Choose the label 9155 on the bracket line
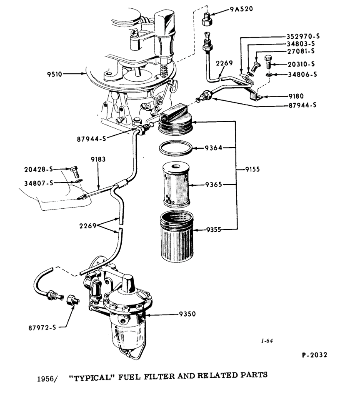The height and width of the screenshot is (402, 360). point(254,170)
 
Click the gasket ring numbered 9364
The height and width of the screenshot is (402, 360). point(176,148)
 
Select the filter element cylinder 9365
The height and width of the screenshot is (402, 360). point(177,185)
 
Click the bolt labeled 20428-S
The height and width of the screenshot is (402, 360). point(75,170)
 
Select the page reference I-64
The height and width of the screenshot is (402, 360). point(267,341)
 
